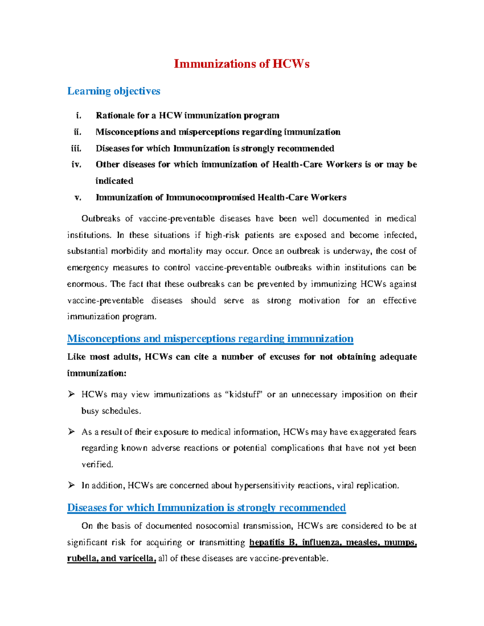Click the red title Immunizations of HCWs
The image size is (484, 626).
pyautogui.click(x=241, y=64)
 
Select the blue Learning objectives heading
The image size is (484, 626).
pyautogui.click(x=114, y=91)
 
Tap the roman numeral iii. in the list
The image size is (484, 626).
pyautogui.click(x=76, y=148)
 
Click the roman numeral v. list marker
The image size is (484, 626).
pyautogui.click(x=78, y=198)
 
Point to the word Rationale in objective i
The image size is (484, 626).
pyautogui.click(x=115, y=116)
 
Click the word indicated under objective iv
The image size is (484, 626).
pyautogui.click(x=114, y=181)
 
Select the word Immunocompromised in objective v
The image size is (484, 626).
pyautogui.click(x=210, y=198)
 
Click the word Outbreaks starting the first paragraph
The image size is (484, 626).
pyautogui.click(x=100, y=219)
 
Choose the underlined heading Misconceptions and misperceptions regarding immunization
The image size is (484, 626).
pyautogui.click(x=210, y=339)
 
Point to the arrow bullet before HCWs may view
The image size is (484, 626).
pyautogui.click(x=71, y=394)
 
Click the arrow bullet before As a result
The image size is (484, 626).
pyautogui.click(x=71, y=432)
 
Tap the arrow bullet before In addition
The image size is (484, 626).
pyautogui.click(x=71, y=485)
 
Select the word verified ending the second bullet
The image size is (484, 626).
pyautogui.click(x=97, y=464)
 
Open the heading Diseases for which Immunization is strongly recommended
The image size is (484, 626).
pyautogui.click(x=206, y=507)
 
